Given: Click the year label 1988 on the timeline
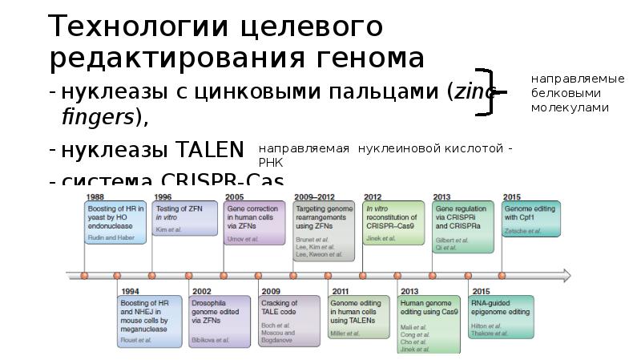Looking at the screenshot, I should pyautogui.click(x=95, y=196).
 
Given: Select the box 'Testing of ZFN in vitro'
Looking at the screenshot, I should pyautogui.click(x=184, y=218).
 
